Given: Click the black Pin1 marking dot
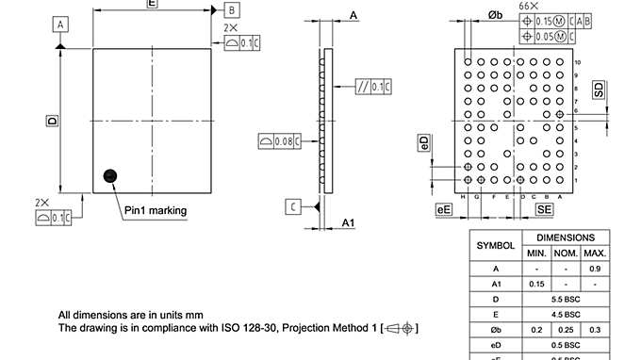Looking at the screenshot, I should tap(110, 174).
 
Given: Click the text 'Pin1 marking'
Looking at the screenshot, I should tap(156, 210).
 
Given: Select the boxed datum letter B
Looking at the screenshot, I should tap(232, 9).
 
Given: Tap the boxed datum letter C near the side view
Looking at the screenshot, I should tap(294, 206).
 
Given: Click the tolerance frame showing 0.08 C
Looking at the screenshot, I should tap(280, 141).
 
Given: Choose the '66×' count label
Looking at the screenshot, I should tap(529, 7).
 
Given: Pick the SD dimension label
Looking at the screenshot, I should tap(598, 90).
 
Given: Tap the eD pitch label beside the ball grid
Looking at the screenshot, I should tap(425, 142).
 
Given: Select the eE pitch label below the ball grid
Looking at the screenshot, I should tap(443, 209).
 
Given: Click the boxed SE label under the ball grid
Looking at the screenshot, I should tap(544, 209).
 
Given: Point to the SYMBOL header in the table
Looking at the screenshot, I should tap(495, 245).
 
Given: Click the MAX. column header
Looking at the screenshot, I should tap(595, 254).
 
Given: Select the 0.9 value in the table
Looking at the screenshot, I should tap(595, 269).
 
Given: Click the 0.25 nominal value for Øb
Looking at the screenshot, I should tap(566, 329).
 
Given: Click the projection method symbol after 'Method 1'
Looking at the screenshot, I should tap(400, 328).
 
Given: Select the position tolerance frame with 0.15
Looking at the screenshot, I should tap(555, 20).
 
